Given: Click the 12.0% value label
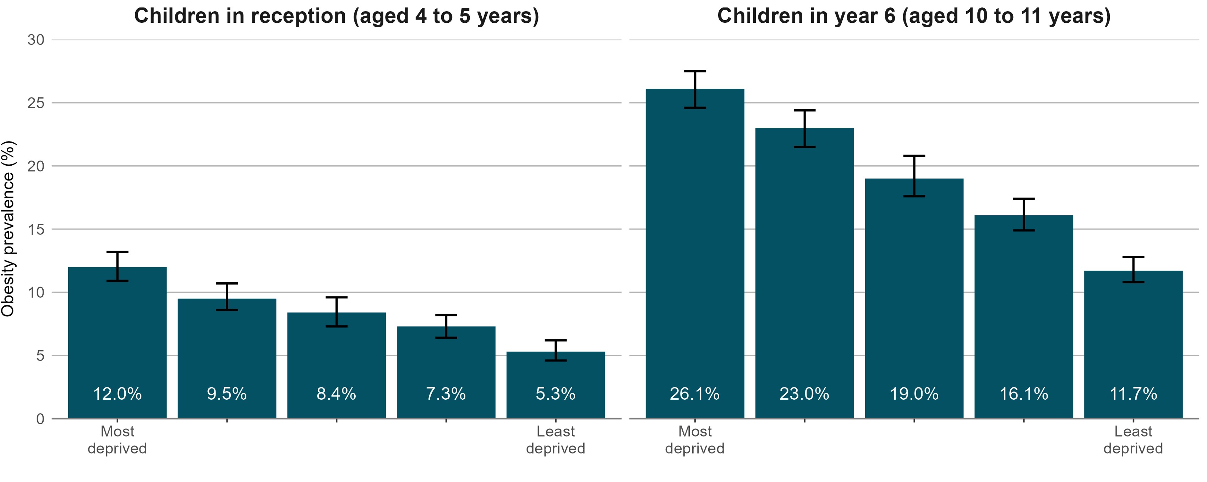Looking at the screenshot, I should click(117, 394).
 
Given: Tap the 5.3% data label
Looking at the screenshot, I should click(555, 394).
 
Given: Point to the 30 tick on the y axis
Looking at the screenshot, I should click(35, 40).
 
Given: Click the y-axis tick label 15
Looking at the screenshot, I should click(35, 229).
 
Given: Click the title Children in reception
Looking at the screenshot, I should click(337, 16).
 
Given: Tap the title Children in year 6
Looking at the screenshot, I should click(914, 16).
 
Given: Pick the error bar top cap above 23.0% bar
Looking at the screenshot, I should click(804, 110).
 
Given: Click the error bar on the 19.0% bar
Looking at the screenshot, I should click(914, 176).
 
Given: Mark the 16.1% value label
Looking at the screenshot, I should click(1024, 394).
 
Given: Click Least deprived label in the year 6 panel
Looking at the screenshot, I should click(1133, 439).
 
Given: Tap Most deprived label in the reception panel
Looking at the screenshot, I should click(117, 439).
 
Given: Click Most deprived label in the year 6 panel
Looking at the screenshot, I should click(694, 439).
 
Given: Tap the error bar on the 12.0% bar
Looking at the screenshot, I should click(117, 266).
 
